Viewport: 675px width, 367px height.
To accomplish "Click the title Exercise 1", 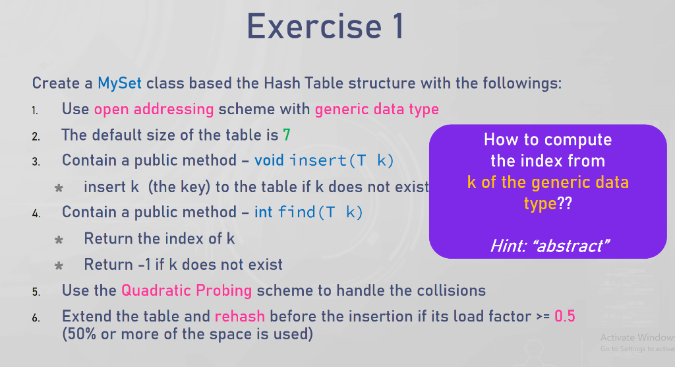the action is pos(325,27).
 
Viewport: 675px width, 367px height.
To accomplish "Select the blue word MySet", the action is pos(119,83).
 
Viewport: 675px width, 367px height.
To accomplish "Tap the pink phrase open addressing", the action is pos(154,109).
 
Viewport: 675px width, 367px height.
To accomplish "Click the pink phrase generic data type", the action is pos(376,110).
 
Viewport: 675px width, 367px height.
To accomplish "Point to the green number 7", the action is pos(287,135).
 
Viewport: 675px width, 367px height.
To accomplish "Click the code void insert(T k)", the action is pos(324,160).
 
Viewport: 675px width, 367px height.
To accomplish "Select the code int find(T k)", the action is pos(308,212).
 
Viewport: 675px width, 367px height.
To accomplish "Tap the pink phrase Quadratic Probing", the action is pos(187,290).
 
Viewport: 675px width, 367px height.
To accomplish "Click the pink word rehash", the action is pos(240,317).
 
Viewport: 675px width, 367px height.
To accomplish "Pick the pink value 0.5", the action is pos(565,317).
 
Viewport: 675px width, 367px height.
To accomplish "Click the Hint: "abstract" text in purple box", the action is pos(550,246).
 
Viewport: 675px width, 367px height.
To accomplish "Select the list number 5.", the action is pos(36,292).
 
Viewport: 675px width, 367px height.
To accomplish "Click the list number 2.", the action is pos(36,137).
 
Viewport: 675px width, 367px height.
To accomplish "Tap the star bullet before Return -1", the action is pos(59,265).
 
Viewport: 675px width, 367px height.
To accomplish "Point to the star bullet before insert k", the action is pos(59,188).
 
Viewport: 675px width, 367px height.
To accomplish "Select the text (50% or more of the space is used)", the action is pos(188,334).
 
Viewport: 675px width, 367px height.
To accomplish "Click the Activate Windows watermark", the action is pos(637,337).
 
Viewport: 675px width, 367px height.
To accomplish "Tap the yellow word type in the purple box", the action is pos(541,203).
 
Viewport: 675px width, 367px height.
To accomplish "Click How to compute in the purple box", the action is pos(548,140).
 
